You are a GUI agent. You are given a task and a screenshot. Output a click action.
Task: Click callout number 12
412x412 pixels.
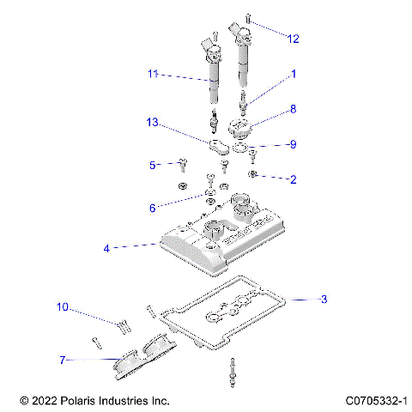tap(294, 39)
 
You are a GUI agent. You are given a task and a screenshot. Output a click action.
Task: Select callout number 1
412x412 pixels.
tap(293, 75)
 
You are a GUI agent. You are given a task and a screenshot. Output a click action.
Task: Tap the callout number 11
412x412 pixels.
tap(153, 76)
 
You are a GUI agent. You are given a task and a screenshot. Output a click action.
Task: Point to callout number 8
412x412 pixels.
tap(293, 109)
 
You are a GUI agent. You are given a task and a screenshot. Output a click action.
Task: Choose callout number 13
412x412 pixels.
tap(153, 124)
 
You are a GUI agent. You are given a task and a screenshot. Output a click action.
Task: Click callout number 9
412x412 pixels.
tap(293, 144)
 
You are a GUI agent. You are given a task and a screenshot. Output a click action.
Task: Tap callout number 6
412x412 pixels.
tap(153, 208)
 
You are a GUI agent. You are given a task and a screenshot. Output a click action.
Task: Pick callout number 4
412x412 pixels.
tap(106, 247)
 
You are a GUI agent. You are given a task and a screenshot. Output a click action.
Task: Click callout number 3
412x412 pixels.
tap(324, 300)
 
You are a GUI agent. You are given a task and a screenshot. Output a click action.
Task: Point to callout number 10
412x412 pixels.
tap(63, 306)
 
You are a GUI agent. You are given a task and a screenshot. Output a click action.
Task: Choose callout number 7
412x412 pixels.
tap(63, 360)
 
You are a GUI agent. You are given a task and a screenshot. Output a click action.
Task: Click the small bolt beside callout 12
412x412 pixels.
tap(247, 18)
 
